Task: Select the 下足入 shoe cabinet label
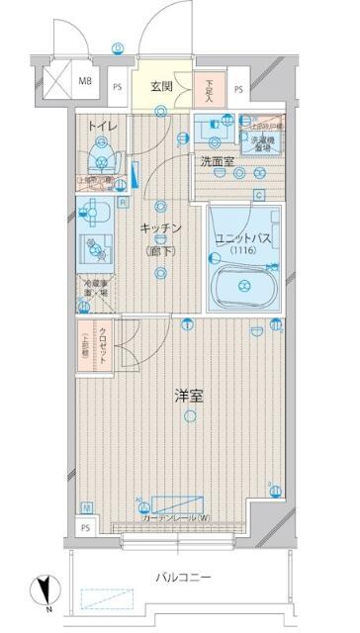coord(209,90)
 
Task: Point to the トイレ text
coord(101,126)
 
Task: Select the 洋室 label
coord(190,397)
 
